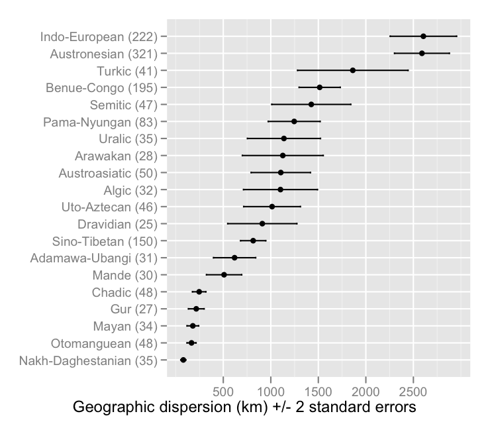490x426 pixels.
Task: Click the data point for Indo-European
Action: (423, 36)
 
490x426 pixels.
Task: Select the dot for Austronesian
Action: (422, 53)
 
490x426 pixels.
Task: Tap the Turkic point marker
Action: (352, 70)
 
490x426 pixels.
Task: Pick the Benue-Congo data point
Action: (320, 87)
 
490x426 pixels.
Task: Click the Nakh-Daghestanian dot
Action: (183, 360)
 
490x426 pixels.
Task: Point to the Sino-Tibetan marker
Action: (253, 241)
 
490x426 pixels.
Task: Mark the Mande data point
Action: (224, 275)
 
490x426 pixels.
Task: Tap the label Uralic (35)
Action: (128, 139)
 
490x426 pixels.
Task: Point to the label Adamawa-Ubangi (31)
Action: (94, 258)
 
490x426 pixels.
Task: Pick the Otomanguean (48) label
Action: (105, 343)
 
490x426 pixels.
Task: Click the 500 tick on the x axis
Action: (224, 387)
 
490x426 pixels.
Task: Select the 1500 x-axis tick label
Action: (318, 387)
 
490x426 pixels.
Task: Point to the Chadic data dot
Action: (199, 292)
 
